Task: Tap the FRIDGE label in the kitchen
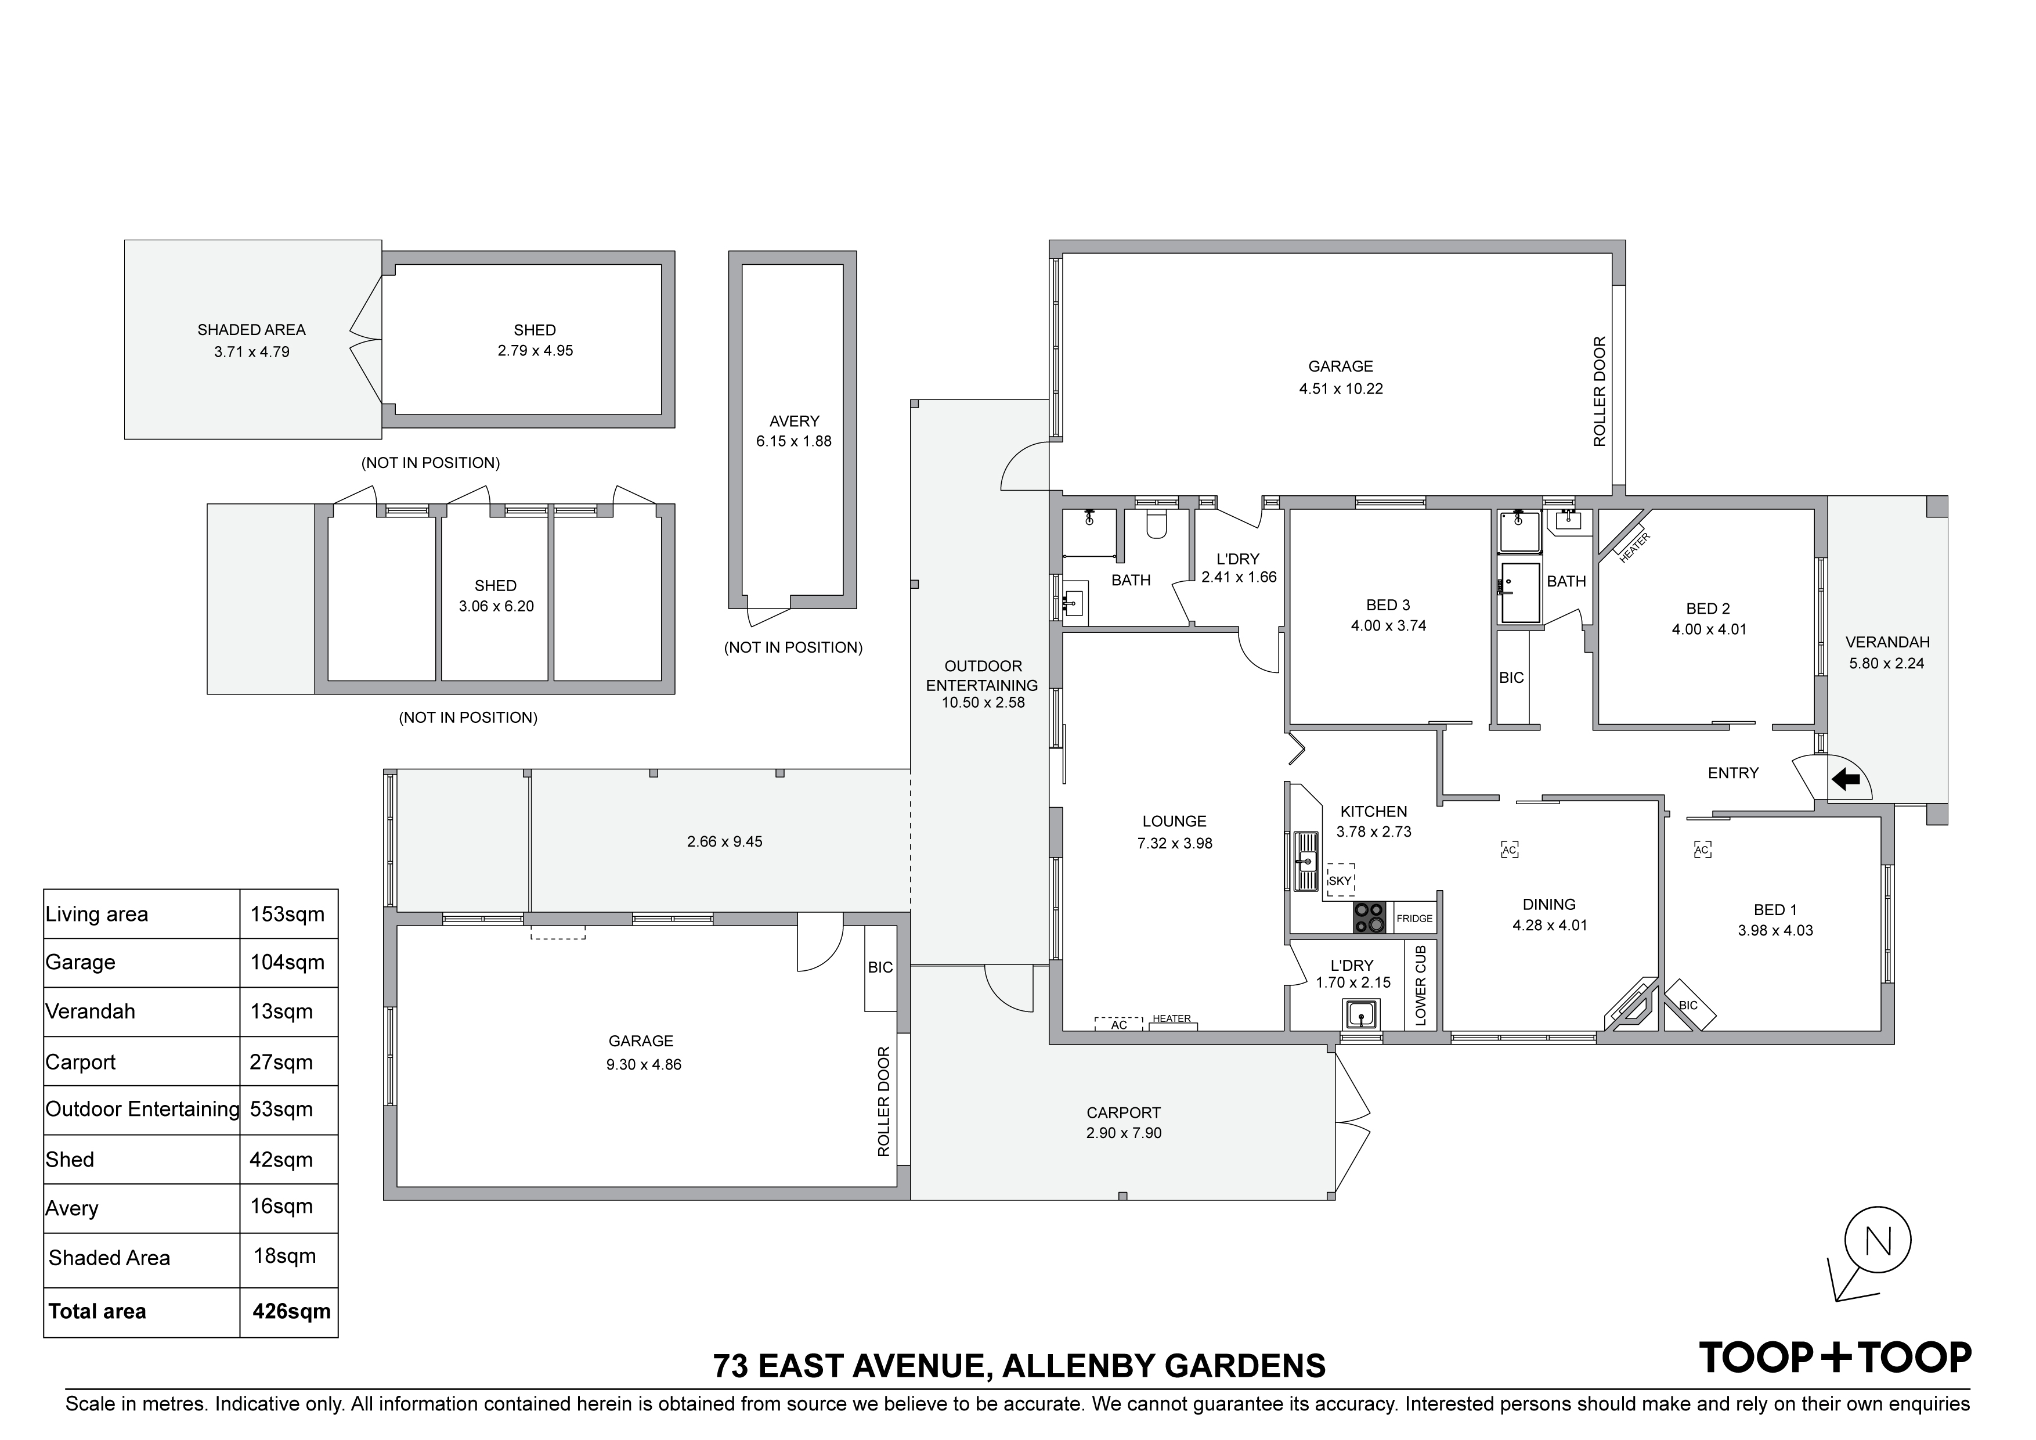[x=1414, y=919]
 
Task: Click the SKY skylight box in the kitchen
[x=1340, y=880]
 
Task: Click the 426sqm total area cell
[x=291, y=1311]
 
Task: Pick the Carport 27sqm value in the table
[x=281, y=1062]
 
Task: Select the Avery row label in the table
[x=72, y=1208]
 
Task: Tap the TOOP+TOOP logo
[x=1834, y=1358]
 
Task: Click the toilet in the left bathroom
[x=1156, y=526]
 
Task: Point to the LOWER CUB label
[x=1421, y=985]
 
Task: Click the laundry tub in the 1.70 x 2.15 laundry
[x=1360, y=1013]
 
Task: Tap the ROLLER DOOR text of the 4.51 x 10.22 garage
[x=1600, y=391]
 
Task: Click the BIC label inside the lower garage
[x=880, y=967]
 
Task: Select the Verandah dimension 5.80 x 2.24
[x=1886, y=663]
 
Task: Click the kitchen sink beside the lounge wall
[x=1306, y=860]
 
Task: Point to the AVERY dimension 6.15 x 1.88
[x=793, y=441]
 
